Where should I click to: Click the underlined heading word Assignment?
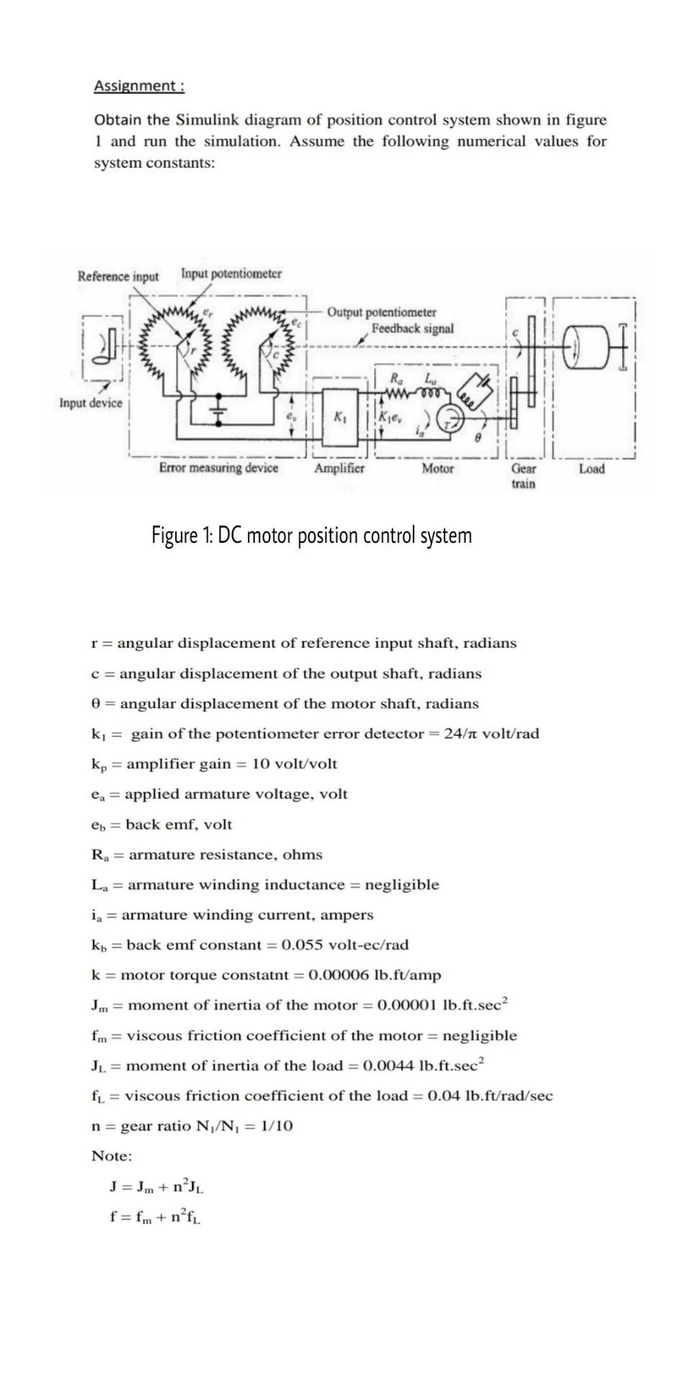point(135,86)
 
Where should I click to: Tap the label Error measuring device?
point(218,469)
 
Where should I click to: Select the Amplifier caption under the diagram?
point(339,469)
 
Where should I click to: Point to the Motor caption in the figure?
point(437,469)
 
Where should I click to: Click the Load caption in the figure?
point(591,469)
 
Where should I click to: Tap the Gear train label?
point(523,476)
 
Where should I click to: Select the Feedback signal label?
point(413,329)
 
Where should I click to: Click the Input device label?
point(91,402)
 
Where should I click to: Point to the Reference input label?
point(118,276)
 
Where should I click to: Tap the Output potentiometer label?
point(381,312)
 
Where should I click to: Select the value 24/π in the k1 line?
point(460,734)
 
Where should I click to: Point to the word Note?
point(112,1156)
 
